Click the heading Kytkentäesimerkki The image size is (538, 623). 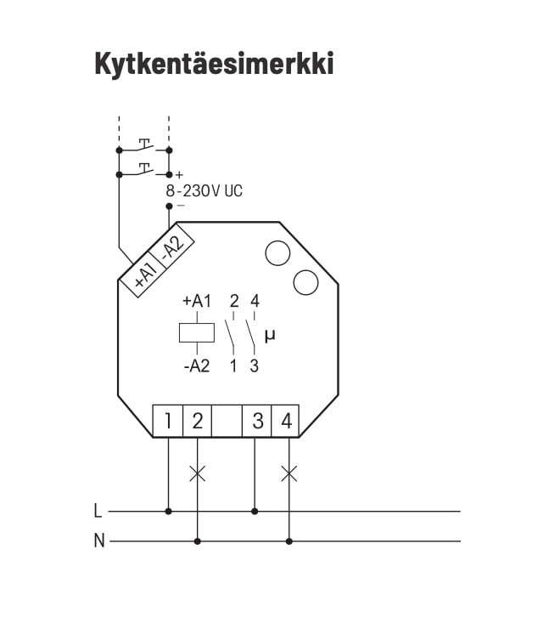tap(214, 64)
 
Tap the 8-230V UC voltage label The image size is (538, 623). tap(204, 191)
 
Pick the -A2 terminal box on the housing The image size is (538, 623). tap(171, 246)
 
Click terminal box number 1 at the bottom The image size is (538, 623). tap(168, 421)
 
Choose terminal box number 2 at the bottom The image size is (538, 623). tap(197, 421)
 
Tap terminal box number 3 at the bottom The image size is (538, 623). tap(257, 421)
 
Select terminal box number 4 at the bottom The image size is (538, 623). tap(285, 421)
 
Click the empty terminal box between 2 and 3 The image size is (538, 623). tap(227, 421)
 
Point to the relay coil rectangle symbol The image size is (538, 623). tap(197, 332)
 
